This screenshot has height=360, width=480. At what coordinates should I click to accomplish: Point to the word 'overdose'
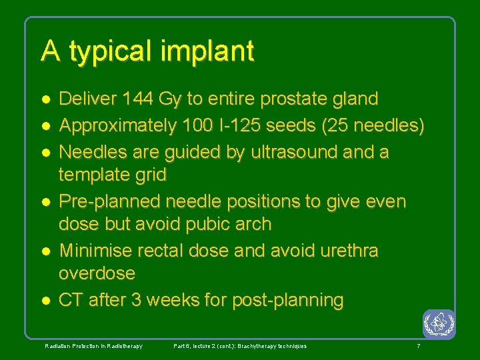(x=97, y=273)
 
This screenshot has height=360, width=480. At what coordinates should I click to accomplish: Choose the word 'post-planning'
(x=287, y=301)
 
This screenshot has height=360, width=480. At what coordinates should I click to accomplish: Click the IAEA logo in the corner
(x=439, y=325)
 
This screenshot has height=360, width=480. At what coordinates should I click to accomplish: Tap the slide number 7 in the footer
(x=418, y=346)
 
